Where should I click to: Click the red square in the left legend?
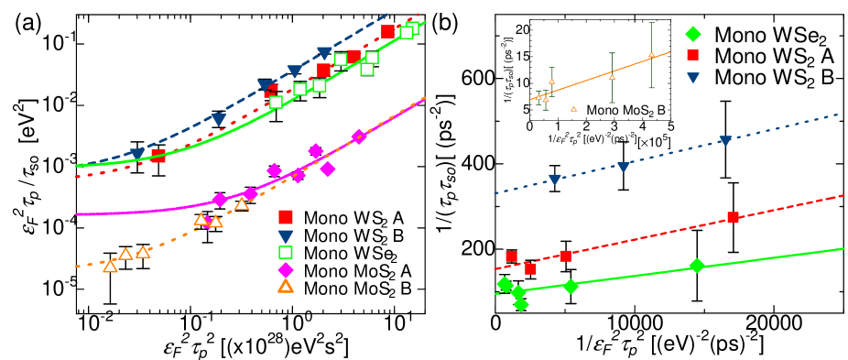pos(286,217)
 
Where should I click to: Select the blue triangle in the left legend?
pos(286,236)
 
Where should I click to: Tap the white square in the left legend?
pos(286,252)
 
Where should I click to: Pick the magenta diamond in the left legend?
pos(286,270)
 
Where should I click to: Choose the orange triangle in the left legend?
pos(286,287)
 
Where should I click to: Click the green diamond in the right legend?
pos(693,34)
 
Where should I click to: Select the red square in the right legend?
pos(693,55)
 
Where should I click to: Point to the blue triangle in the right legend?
pos(693,78)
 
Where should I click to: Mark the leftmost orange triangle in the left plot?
pos(110,267)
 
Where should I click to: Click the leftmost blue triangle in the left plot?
pos(136,154)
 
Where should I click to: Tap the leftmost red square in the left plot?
pos(158,156)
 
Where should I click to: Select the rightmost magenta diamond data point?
pos(358,136)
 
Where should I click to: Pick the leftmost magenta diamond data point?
pos(219,200)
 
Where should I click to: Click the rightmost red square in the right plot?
pos(733,217)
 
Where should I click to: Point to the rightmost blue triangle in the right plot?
pos(725,141)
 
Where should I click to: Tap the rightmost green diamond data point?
pos(697,266)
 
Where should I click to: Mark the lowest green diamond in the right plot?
pos(521,304)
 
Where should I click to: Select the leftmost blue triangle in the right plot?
pos(554,180)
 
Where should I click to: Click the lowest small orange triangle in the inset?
pos(573,109)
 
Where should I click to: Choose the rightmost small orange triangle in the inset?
pos(651,55)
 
